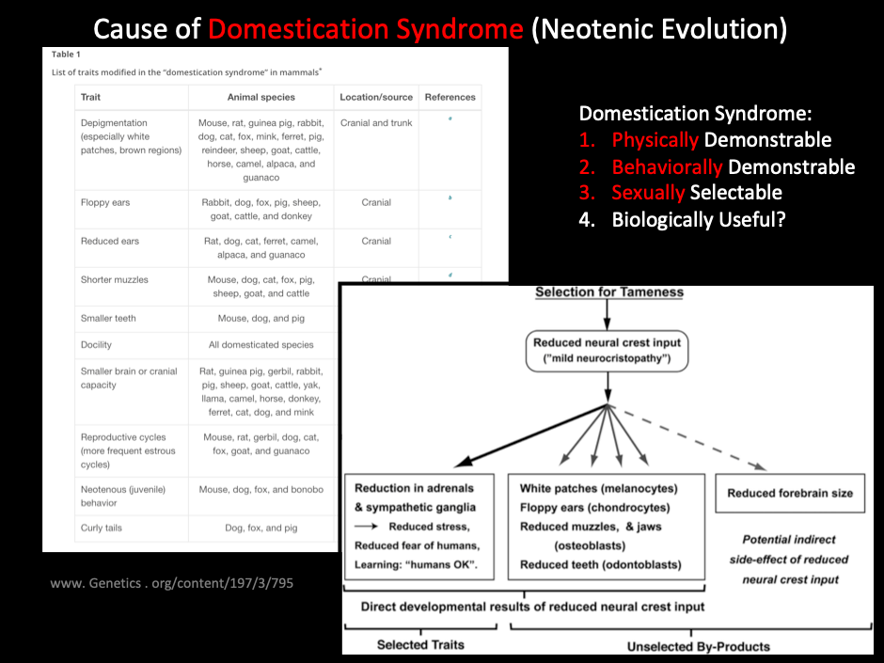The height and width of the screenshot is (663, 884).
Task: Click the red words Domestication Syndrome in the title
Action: pos(365,28)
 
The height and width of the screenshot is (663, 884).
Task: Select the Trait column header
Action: pos(91,97)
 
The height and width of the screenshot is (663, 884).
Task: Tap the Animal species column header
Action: pos(260,97)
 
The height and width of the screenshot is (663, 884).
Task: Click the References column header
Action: pos(450,97)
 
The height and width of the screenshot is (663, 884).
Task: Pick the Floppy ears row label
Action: pos(105,202)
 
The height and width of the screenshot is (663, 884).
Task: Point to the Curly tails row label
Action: pos(102,528)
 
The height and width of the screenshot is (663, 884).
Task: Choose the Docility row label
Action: pos(96,345)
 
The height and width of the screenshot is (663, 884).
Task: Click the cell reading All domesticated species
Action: pos(260,345)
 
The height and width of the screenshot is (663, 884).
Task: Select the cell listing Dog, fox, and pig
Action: pos(260,528)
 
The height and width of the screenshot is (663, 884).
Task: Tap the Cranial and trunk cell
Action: pos(376,123)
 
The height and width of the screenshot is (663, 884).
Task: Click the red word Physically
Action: pos(655,140)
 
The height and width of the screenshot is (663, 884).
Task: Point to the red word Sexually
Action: pos(648,193)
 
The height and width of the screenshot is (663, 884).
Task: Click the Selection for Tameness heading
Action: pos(609,292)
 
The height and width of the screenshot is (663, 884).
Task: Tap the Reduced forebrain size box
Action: pos(790,493)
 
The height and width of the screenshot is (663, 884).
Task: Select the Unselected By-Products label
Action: pos(699,646)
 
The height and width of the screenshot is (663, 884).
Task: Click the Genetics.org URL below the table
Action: pos(172,583)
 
